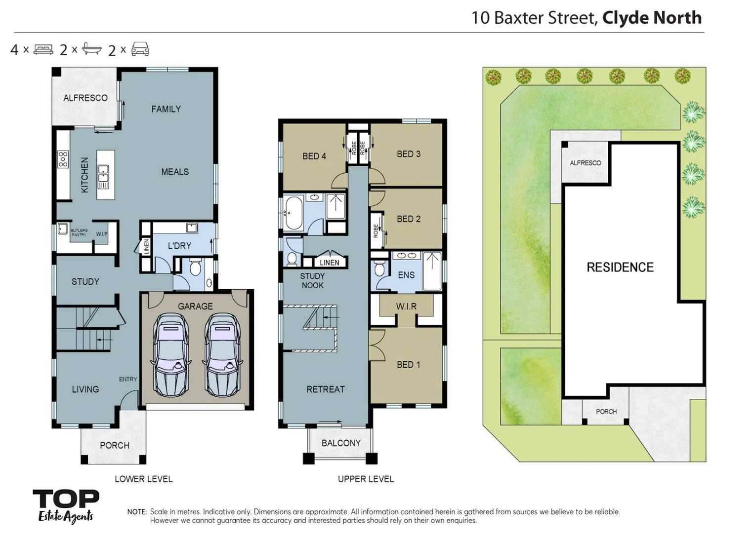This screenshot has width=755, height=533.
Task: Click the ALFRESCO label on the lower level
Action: tap(85, 98)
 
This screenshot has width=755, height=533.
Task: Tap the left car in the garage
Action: tap(170, 356)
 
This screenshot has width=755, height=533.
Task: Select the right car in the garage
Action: tap(222, 356)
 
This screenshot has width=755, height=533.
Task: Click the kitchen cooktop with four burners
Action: tap(63, 159)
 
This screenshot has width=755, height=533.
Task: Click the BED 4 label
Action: tap(314, 156)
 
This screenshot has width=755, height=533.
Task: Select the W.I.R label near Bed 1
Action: tap(406, 306)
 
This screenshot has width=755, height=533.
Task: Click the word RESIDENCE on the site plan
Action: tap(620, 267)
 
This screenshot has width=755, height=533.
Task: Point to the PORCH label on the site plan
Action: tap(606, 412)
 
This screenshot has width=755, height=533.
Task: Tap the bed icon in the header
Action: tap(43, 49)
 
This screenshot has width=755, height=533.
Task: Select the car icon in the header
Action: tap(140, 49)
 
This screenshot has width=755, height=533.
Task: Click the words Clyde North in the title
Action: tap(651, 18)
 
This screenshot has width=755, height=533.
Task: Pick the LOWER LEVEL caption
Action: tap(143, 479)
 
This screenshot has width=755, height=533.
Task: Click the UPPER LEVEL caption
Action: tap(366, 479)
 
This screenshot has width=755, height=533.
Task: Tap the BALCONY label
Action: tap(341, 443)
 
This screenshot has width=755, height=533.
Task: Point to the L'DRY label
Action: tap(179, 246)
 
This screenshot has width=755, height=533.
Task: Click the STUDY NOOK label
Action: tap(312, 281)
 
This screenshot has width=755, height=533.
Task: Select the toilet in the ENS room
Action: tap(379, 269)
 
